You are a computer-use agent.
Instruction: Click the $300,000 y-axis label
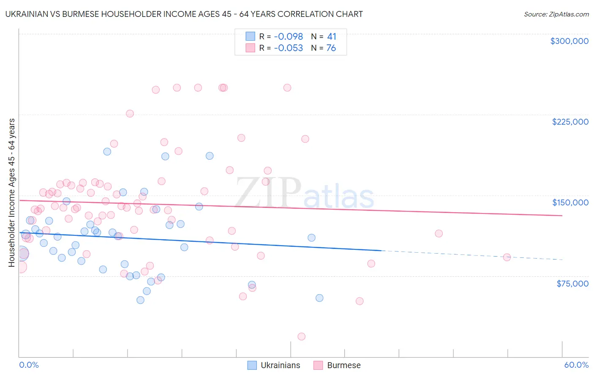click(x=569, y=41)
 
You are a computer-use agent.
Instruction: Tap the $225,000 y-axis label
click(x=570, y=122)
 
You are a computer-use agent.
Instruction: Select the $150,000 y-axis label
click(x=570, y=202)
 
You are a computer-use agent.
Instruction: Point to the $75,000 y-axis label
click(x=572, y=284)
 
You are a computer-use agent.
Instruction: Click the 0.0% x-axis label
click(x=29, y=365)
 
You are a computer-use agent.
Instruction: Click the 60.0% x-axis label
click(x=576, y=365)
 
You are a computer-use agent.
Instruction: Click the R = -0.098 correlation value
click(x=281, y=37)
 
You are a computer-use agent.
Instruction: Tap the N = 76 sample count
click(x=323, y=48)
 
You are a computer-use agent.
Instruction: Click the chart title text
click(x=184, y=14)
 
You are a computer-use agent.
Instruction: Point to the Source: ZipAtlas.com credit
click(x=556, y=14)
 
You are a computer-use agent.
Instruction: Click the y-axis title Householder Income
click(x=12, y=192)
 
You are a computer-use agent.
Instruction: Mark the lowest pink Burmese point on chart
click(x=301, y=336)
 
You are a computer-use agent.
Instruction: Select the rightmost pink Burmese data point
click(x=507, y=257)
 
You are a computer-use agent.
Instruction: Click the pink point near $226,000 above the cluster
click(x=130, y=114)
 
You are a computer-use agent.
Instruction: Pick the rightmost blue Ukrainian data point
click(x=319, y=298)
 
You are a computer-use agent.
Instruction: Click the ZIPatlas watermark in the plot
click(x=305, y=192)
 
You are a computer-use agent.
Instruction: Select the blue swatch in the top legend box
click(x=251, y=37)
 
